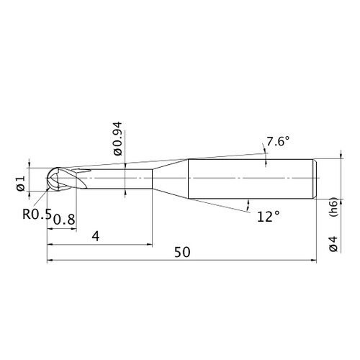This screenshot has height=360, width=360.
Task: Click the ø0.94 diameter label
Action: (x=118, y=139)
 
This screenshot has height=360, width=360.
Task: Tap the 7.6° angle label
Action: (x=278, y=141)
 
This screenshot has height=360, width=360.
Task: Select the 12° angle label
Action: (x=269, y=217)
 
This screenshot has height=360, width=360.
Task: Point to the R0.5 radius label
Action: (x=37, y=214)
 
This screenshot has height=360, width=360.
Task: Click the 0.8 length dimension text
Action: (x=64, y=220)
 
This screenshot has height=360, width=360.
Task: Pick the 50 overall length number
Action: (x=182, y=252)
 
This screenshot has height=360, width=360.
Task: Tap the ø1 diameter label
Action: (x=21, y=183)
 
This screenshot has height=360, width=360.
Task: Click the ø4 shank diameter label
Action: (x=333, y=244)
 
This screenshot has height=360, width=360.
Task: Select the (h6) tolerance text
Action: (x=334, y=207)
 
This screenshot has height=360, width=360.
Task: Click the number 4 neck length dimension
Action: (x=96, y=237)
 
